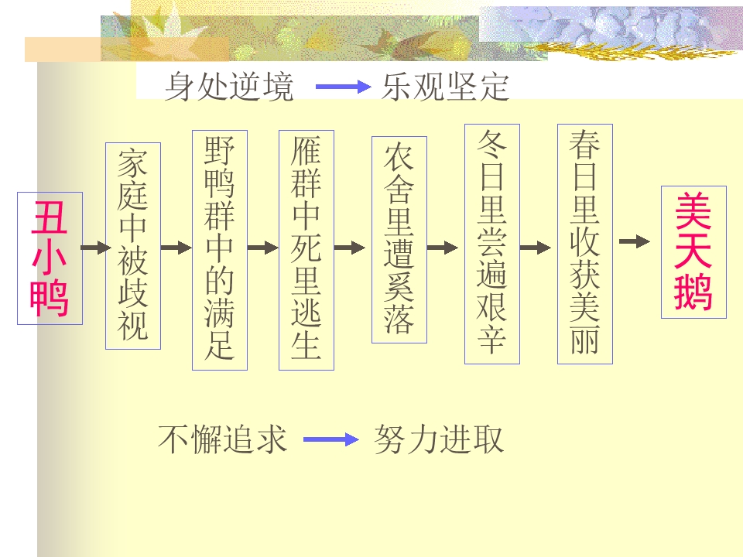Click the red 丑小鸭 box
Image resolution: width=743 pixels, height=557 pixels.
click(x=50, y=258)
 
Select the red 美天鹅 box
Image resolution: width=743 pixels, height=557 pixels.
click(x=693, y=252)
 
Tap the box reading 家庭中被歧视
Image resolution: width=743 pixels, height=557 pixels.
click(x=133, y=246)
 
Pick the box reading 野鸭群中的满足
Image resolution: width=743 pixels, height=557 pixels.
click(x=220, y=250)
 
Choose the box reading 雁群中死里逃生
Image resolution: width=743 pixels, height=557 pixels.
click(x=306, y=250)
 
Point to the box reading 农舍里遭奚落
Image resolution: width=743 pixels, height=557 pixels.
click(x=399, y=240)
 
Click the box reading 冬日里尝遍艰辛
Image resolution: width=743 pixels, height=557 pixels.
click(x=492, y=244)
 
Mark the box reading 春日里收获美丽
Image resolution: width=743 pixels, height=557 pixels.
click(x=585, y=244)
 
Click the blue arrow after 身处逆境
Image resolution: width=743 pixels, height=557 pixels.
click(x=344, y=87)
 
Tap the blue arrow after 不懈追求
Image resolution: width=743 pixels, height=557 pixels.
click(x=331, y=439)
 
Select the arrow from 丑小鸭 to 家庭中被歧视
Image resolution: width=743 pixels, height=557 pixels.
click(x=96, y=248)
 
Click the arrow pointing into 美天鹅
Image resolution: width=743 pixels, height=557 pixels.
click(x=635, y=241)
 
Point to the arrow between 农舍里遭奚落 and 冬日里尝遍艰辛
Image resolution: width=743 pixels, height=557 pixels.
click(x=443, y=248)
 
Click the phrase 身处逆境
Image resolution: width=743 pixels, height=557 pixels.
click(x=229, y=87)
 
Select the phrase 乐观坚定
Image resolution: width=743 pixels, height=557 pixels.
click(x=446, y=87)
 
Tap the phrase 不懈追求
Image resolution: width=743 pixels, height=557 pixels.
click(x=223, y=439)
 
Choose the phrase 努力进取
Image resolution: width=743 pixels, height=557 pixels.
click(x=439, y=439)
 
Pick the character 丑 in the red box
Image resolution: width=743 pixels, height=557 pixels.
click(x=50, y=217)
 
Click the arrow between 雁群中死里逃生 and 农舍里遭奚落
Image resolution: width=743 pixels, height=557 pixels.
click(x=350, y=248)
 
